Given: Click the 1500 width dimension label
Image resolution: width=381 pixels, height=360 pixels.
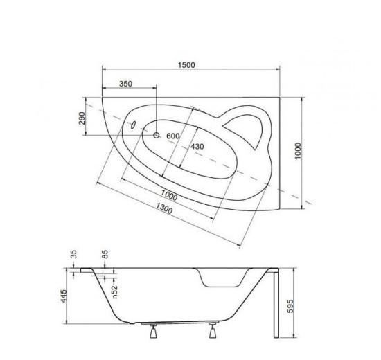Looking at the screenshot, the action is coord(186,65).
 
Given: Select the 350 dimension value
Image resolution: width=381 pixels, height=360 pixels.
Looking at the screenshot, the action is coord(125,84).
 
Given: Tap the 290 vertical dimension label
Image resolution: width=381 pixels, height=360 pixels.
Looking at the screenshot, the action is coord(82,118).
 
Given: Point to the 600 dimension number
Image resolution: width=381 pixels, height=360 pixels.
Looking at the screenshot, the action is coord(172,136).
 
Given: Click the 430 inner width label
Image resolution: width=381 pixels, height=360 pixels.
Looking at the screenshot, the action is coord(197,147).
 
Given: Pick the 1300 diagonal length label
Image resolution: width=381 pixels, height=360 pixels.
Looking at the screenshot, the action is coord(164,208).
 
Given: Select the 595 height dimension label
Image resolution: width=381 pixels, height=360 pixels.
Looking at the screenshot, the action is coord(290,306).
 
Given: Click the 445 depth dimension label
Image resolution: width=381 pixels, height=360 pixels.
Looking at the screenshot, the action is coord(64,296).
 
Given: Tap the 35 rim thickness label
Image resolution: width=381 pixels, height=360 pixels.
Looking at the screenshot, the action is coord(74,254).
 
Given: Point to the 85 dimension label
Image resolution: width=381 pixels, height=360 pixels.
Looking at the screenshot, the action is coord(105,254).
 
